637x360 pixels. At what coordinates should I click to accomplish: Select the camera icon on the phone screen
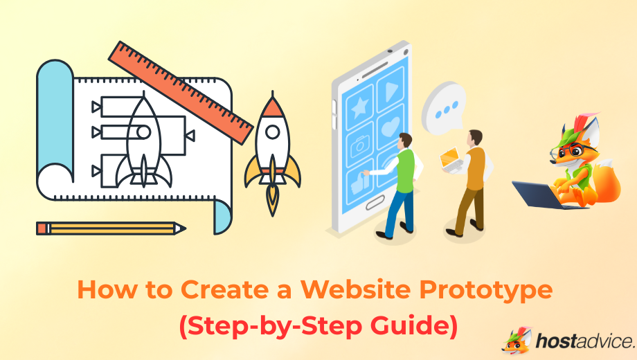[359, 145]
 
